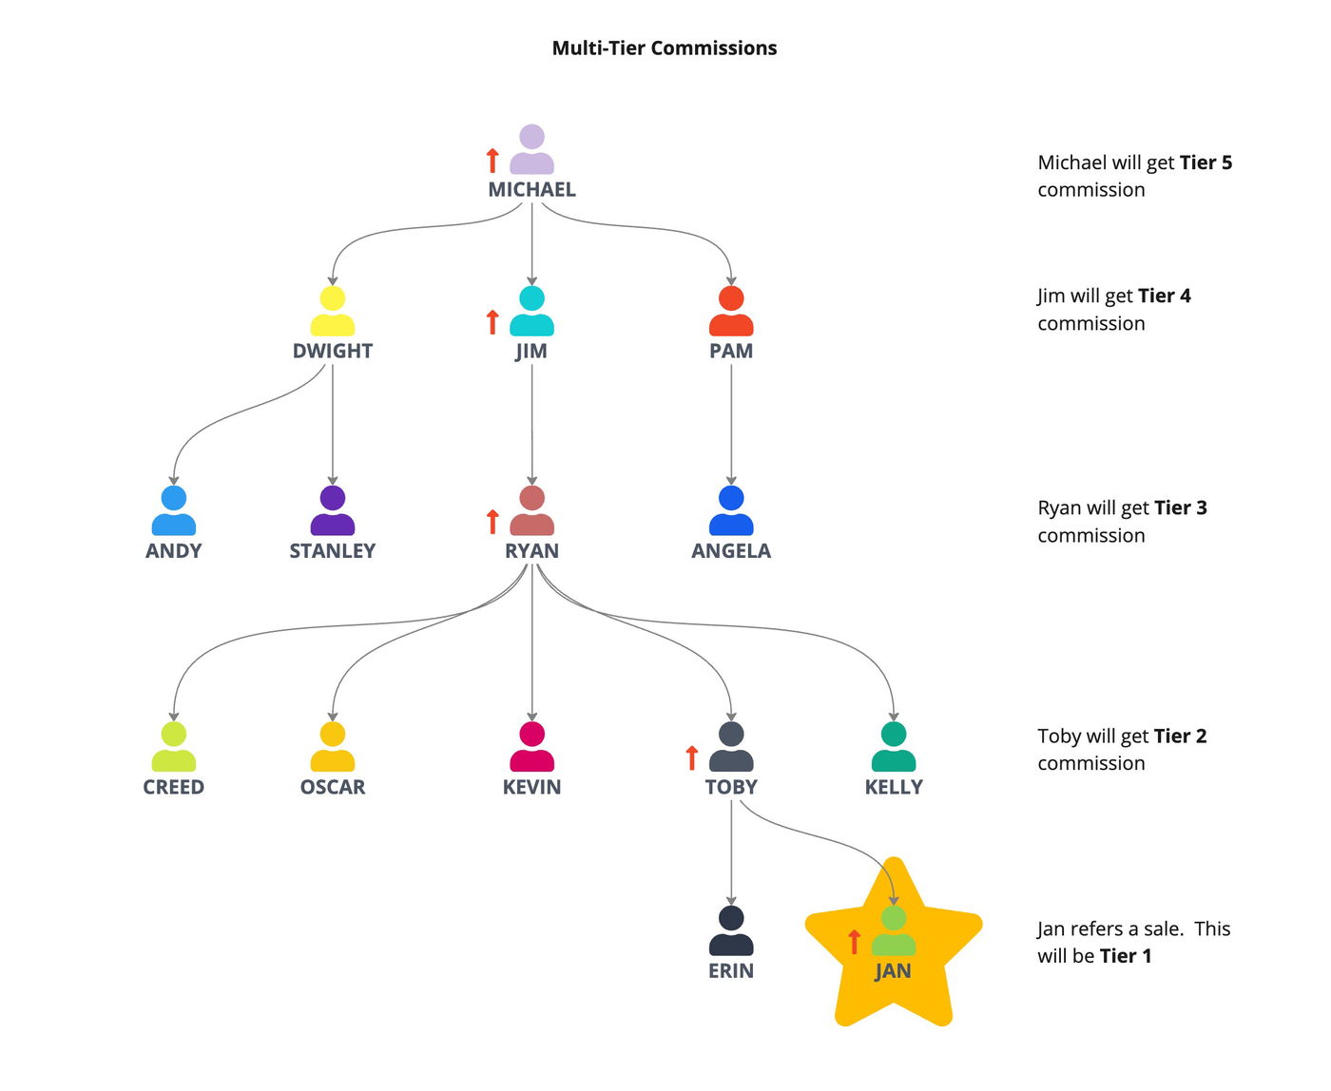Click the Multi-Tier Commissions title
(x=665, y=48)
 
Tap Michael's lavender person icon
(x=531, y=149)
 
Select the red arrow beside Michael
(x=492, y=161)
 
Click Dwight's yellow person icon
(x=333, y=311)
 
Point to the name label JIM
(x=531, y=352)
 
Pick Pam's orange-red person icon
(x=731, y=311)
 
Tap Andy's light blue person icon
(x=174, y=510)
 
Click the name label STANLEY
(x=333, y=551)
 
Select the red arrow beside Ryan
(x=492, y=522)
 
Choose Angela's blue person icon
(x=731, y=510)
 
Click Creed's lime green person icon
(x=174, y=747)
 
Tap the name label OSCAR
(x=333, y=788)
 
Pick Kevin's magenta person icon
(x=531, y=747)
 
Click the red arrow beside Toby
(x=692, y=757)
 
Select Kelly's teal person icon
(x=894, y=747)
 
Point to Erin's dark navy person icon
(x=731, y=931)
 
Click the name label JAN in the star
(x=893, y=971)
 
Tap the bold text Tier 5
(x=1206, y=163)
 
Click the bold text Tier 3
(x=1180, y=507)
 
